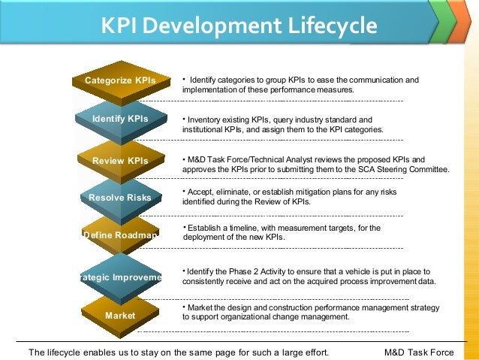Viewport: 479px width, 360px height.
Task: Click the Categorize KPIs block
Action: pyautogui.click(x=120, y=80)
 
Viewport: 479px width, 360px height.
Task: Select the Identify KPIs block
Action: pyautogui.click(x=120, y=119)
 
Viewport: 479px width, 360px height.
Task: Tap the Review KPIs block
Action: pyautogui.click(x=120, y=160)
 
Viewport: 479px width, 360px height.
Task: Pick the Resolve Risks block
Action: pyautogui.click(x=120, y=198)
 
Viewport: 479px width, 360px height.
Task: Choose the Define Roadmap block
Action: pyautogui.click(x=120, y=235)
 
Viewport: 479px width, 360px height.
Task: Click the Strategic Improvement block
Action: pyautogui.click(x=120, y=277)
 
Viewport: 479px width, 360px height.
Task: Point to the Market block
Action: pyautogui.click(x=120, y=316)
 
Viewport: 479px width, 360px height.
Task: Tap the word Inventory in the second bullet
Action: pyautogui.click(x=206, y=119)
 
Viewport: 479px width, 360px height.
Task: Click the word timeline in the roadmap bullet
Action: pyautogui.click(x=242, y=228)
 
